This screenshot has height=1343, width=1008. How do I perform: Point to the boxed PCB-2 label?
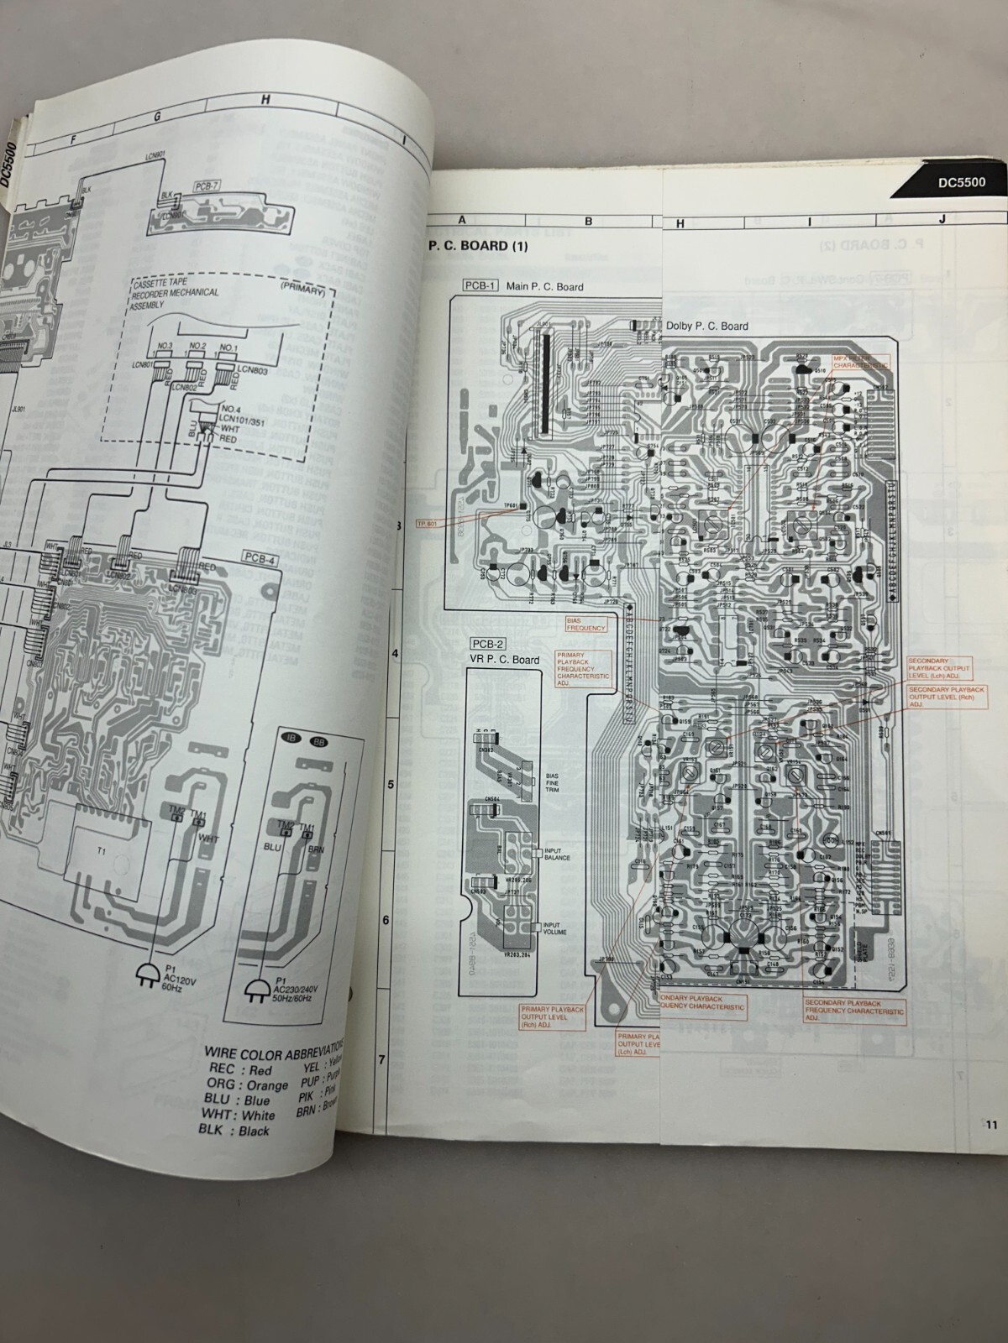pyautogui.click(x=488, y=644)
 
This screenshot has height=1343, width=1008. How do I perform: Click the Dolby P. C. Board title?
pyautogui.click(x=706, y=327)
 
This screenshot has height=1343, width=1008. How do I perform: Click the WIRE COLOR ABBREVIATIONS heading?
pyautogui.click(x=274, y=1049)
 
